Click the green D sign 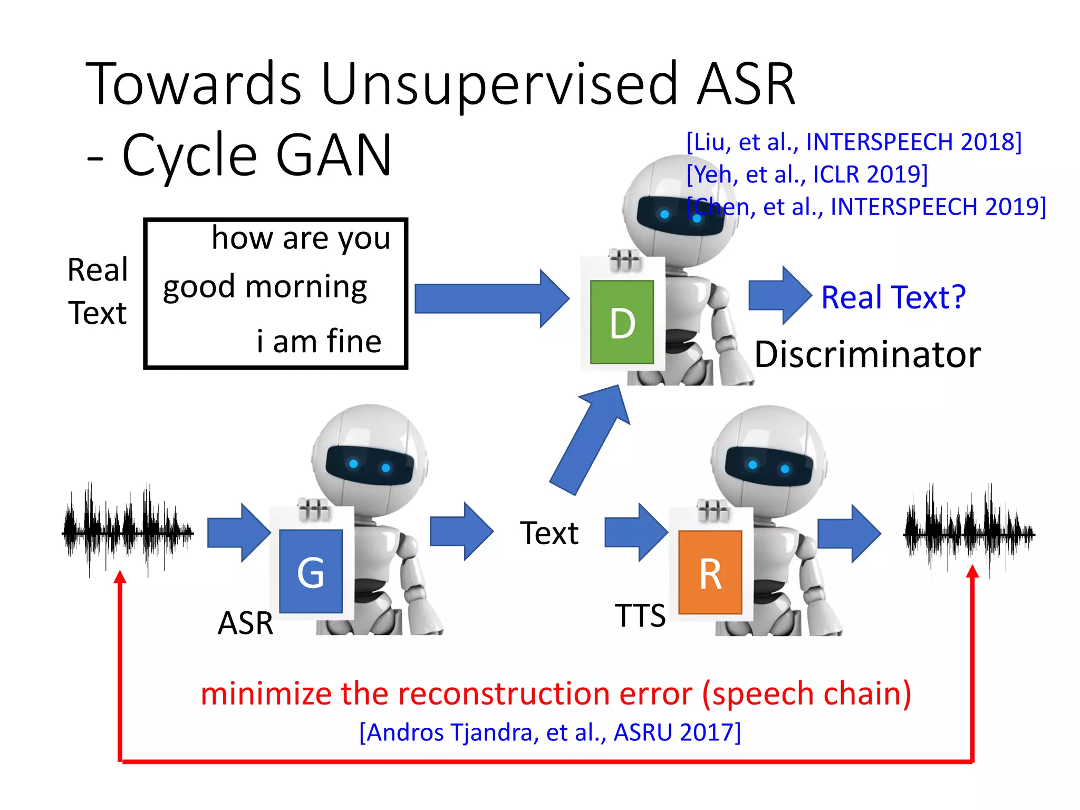click(x=622, y=322)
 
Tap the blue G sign click(x=311, y=572)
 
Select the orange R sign click(x=710, y=573)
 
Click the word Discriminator click(x=867, y=354)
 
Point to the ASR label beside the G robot click(x=245, y=623)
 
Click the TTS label click(x=640, y=615)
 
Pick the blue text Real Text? click(x=893, y=297)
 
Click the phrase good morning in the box click(x=265, y=287)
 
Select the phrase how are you click(x=301, y=238)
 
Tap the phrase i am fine click(x=319, y=341)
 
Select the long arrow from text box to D click(x=490, y=298)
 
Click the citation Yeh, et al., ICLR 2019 click(x=807, y=174)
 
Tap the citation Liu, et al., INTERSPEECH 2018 click(x=854, y=142)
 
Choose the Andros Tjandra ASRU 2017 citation click(x=550, y=732)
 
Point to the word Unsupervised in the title click(x=498, y=84)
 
